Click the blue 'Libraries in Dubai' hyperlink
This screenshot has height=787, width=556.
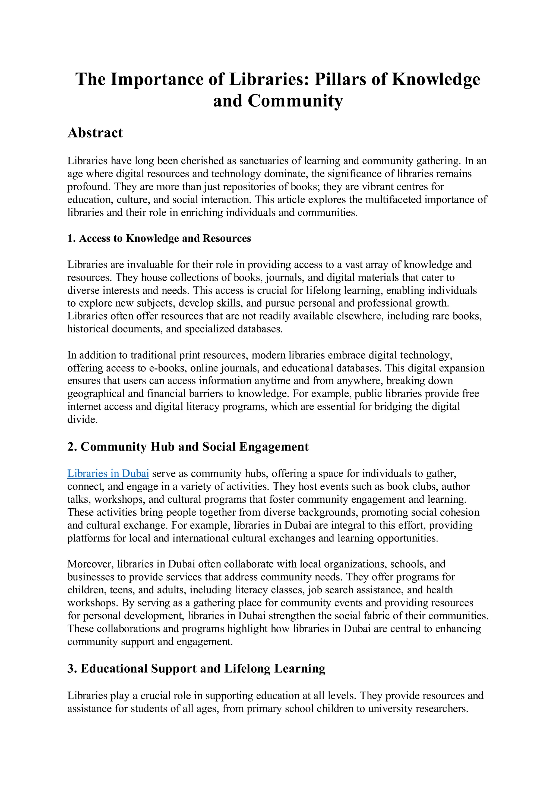[x=108, y=473]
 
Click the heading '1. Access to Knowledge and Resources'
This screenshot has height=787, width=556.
[x=159, y=238]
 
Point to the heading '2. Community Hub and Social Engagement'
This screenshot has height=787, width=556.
[x=188, y=447]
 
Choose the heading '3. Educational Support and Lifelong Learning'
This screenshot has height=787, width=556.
[x=196, y=668]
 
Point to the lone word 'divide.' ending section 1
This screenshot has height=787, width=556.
[x=82, y=420]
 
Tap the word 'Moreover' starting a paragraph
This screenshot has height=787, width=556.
[x=90, y=564]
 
